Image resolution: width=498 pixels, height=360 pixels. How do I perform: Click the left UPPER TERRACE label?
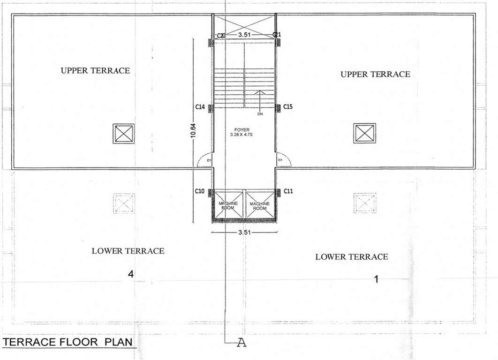tap(95, 70)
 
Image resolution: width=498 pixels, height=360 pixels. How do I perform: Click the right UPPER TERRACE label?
tap(375, 74)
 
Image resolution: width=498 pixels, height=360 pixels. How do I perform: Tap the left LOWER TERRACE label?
tap(128, 251)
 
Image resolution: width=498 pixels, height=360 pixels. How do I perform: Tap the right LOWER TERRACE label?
tap(352, 257)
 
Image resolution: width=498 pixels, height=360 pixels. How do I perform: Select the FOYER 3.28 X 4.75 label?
tap(244, 131)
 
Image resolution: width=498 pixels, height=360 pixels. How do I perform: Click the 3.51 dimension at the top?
tap(244, 35)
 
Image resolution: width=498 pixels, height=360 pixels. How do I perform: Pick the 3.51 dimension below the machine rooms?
tap(244, 232)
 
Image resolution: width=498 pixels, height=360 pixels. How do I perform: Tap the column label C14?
tap(200, 107)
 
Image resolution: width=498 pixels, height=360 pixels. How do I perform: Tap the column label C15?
tap(288, 107)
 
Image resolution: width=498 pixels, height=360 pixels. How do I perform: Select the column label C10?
tap(200, 192)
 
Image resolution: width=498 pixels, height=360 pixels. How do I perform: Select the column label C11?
tap(288, 192)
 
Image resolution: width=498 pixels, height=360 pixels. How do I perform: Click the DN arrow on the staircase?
tap(259, 101)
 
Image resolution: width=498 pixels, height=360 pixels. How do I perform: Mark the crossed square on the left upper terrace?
tap(123, 134)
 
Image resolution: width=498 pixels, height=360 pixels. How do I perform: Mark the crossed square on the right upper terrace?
tap(365, 134)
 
